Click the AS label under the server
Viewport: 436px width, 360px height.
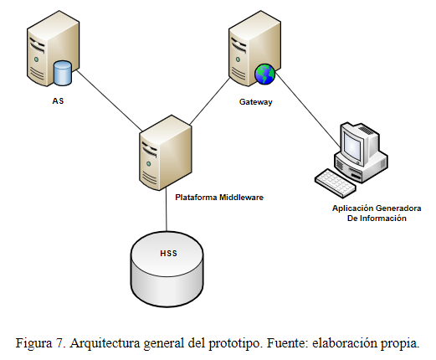[x=58, y=100]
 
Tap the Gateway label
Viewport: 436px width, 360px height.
[x=256, y=102]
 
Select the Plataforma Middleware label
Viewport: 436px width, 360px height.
[x=219, y=198]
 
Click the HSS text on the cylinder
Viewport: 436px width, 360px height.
[x=168, y=253]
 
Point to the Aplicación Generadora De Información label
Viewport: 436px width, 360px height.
[x=377, y=213]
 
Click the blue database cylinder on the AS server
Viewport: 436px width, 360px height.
[x=63, y=73]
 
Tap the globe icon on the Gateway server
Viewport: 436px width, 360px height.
[x=264, y=74]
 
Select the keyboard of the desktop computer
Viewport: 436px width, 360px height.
[x=336, y=183]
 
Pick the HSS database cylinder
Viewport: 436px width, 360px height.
[x=167, y=269]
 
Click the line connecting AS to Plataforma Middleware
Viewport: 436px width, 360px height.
[x=109, y=100]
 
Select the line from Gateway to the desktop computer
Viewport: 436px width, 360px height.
[x=308, y=110]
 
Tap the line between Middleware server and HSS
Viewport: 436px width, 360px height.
[x=167, y=209]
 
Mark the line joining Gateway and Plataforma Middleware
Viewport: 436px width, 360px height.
[x=210, y=100]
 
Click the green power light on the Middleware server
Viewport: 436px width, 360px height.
[x=149, y=163]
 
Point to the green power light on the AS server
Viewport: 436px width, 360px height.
[x=36, y=59]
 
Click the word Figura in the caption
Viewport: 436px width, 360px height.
[x=34, y=343]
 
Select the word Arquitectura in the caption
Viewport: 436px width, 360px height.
[x=105, y=343]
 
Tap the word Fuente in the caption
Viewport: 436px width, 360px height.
[x=287, y=342]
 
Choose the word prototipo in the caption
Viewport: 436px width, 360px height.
[x=234, y=343]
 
